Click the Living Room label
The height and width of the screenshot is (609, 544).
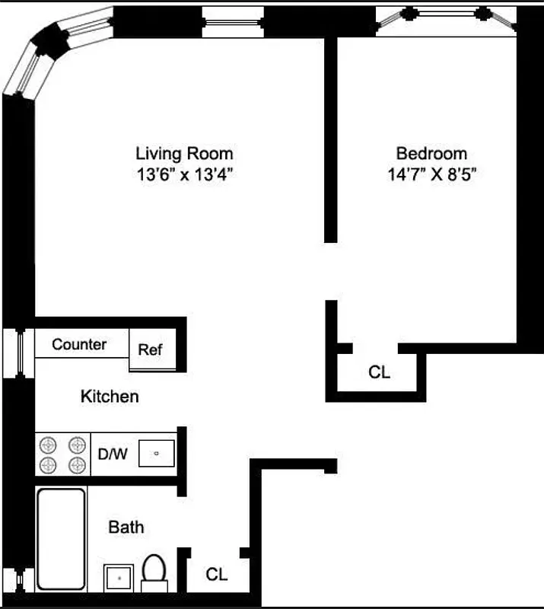tap(184, 153)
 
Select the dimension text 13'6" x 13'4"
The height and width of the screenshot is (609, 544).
tap(184, 174)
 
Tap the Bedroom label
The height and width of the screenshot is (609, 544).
tap(431, 153)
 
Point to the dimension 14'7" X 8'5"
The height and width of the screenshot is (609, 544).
tap(432, 174)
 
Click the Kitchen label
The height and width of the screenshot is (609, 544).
tap(110, 396)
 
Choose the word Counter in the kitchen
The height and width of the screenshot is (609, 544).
tap(79, 344)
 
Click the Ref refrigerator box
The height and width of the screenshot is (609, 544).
tap(150, 349)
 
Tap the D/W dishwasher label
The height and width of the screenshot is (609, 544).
tap(113, 454)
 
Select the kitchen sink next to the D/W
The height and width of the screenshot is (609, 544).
tap(157, 454)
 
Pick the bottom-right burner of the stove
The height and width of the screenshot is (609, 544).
tap(76, 464)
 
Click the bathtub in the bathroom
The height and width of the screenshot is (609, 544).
tap(61, 538)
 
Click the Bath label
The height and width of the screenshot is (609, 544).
tap(126, 527)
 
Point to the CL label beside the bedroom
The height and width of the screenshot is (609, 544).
tap(379, 372)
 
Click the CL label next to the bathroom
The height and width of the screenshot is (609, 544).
tap(217, 575)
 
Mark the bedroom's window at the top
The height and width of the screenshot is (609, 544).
tap(444, 18)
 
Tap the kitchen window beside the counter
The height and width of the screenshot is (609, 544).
tap(18, 352)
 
